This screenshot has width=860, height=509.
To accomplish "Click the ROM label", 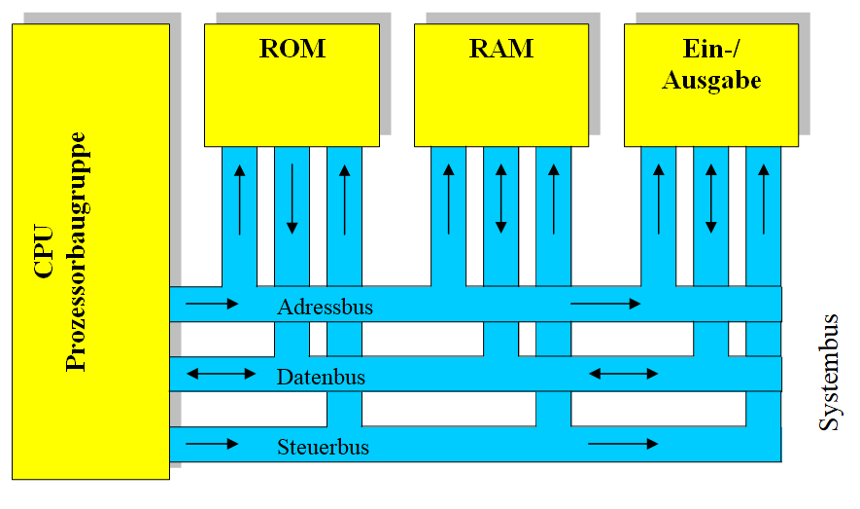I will click(292, 50).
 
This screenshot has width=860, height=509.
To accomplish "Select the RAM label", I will click(501, 50).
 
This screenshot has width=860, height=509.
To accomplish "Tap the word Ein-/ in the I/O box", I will click(711, 50).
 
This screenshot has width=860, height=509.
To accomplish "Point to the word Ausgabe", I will click(711, 81).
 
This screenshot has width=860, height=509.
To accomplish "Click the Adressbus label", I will click(325, 308).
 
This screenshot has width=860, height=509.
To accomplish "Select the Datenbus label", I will click(321, 378).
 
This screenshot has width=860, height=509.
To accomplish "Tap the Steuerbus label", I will click(323, 448).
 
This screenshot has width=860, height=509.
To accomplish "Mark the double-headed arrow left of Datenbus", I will click(222, 374).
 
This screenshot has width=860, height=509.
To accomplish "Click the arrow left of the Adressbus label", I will click(212, 304).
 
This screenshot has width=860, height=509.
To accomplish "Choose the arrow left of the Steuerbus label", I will click(212, 444).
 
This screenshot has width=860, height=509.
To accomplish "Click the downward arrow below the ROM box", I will click(292, 200).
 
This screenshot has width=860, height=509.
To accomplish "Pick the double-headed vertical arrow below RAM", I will click(501, 200).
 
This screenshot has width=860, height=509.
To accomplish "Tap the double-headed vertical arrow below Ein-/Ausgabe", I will click(711, 200).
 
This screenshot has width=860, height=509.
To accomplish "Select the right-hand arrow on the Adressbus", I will click(605, 304).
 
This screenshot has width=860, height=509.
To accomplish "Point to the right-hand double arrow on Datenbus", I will click(624, 374).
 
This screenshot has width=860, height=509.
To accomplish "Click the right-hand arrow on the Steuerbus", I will click(623, 444).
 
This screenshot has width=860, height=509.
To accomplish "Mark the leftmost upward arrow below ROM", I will click(239, 200).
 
